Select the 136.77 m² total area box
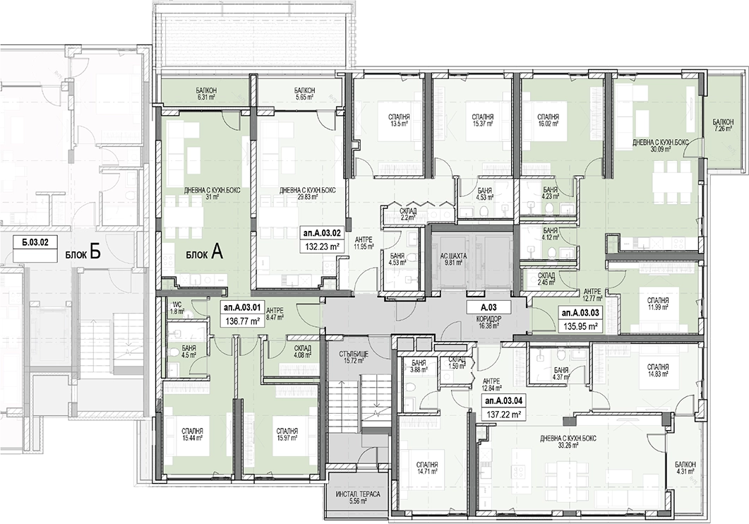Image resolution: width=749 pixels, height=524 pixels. pyautogui.click(x=241, y=321)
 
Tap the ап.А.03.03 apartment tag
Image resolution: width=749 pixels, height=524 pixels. pyautogui.click(x=580, y=314)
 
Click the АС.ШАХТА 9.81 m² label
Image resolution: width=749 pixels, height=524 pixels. pyautogui.click(x=454, y=259)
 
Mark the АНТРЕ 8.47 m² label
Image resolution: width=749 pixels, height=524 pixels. pyautogui.click(x=275, y=313)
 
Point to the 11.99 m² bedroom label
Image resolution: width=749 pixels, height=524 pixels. pyautogui.click(x=658, y=304)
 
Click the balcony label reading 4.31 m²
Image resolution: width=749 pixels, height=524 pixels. pyautogui.click(x=685, y=468)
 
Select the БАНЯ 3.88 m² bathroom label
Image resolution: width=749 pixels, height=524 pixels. pyautogui.click(x=418, y=365)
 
